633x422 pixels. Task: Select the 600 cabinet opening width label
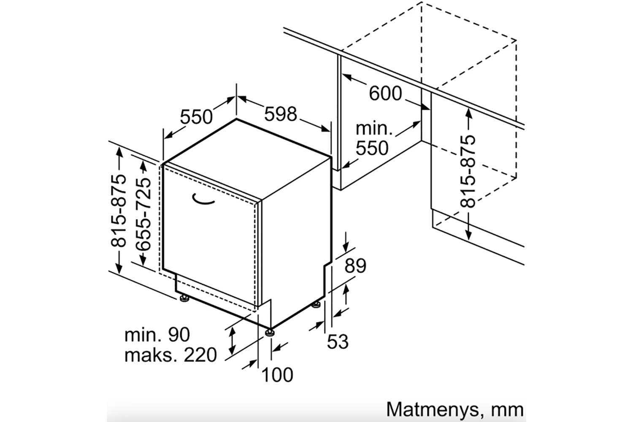pyautogui.click(x=385, y=93)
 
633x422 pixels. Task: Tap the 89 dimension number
pyautogui.click(x=355, y=266)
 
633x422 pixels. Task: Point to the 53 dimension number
pyautogui.click(x=338, y=341)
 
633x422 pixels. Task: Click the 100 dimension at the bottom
pyautogui.click(x=277, y=374)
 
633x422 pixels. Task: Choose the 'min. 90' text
pyautogui.click(x=157, y=335)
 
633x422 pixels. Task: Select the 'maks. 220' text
pyautogui.click(x=170, y=355)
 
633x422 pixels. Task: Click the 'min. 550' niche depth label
pyautogui.click(x=372, y=138)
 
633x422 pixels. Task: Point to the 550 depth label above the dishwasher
pyautogui.click(x=196, y=116)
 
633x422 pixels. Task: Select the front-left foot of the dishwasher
pyautogui.click(x=184, y=298)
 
